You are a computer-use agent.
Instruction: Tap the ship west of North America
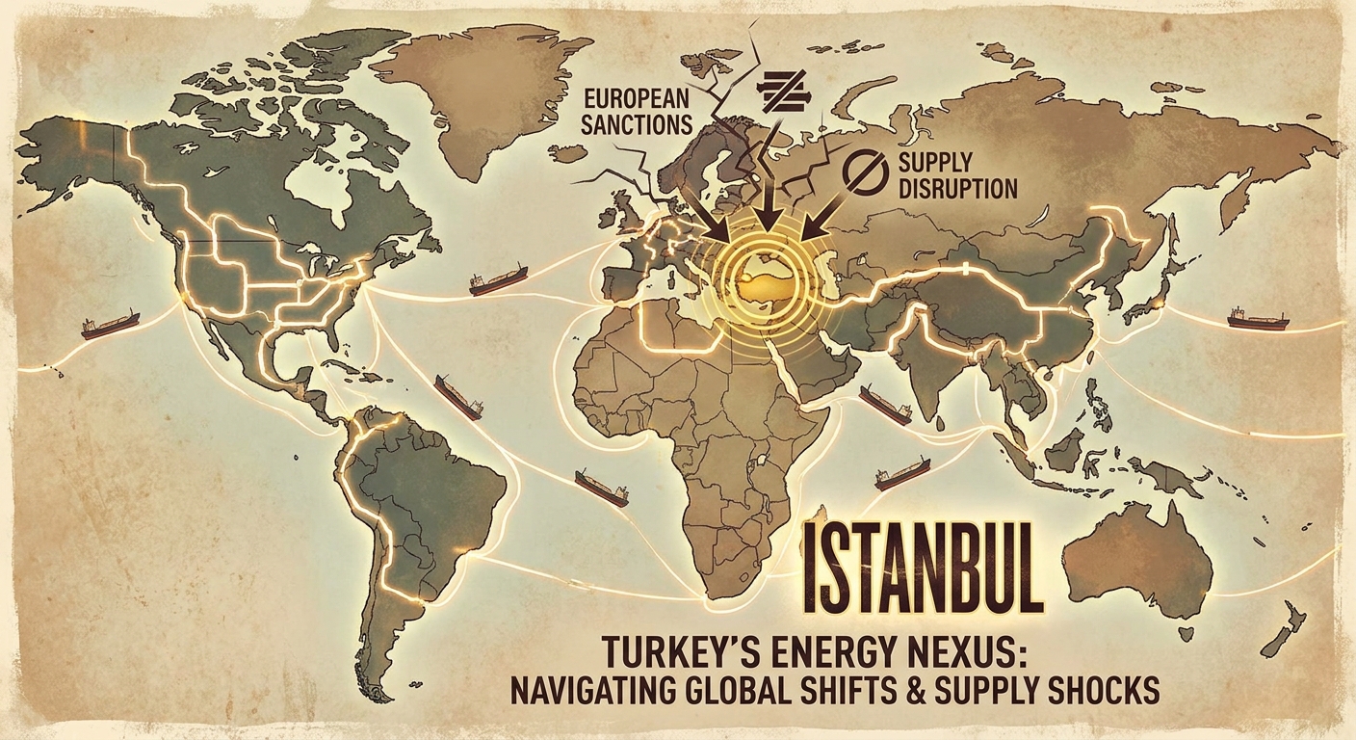tap(110, 324)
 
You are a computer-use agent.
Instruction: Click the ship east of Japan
tap(1257, 319)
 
